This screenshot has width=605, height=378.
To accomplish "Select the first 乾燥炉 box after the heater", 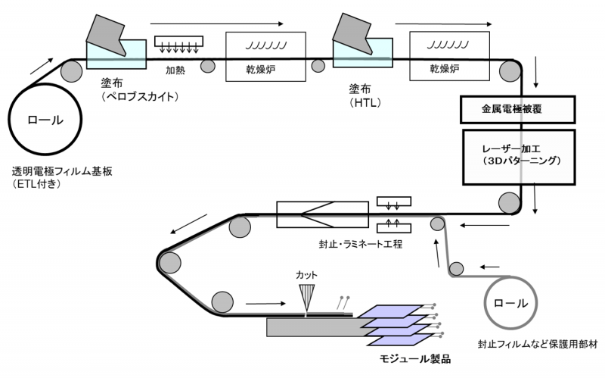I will [265, 56].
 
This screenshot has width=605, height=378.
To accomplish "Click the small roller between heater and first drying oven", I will [207, 67].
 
